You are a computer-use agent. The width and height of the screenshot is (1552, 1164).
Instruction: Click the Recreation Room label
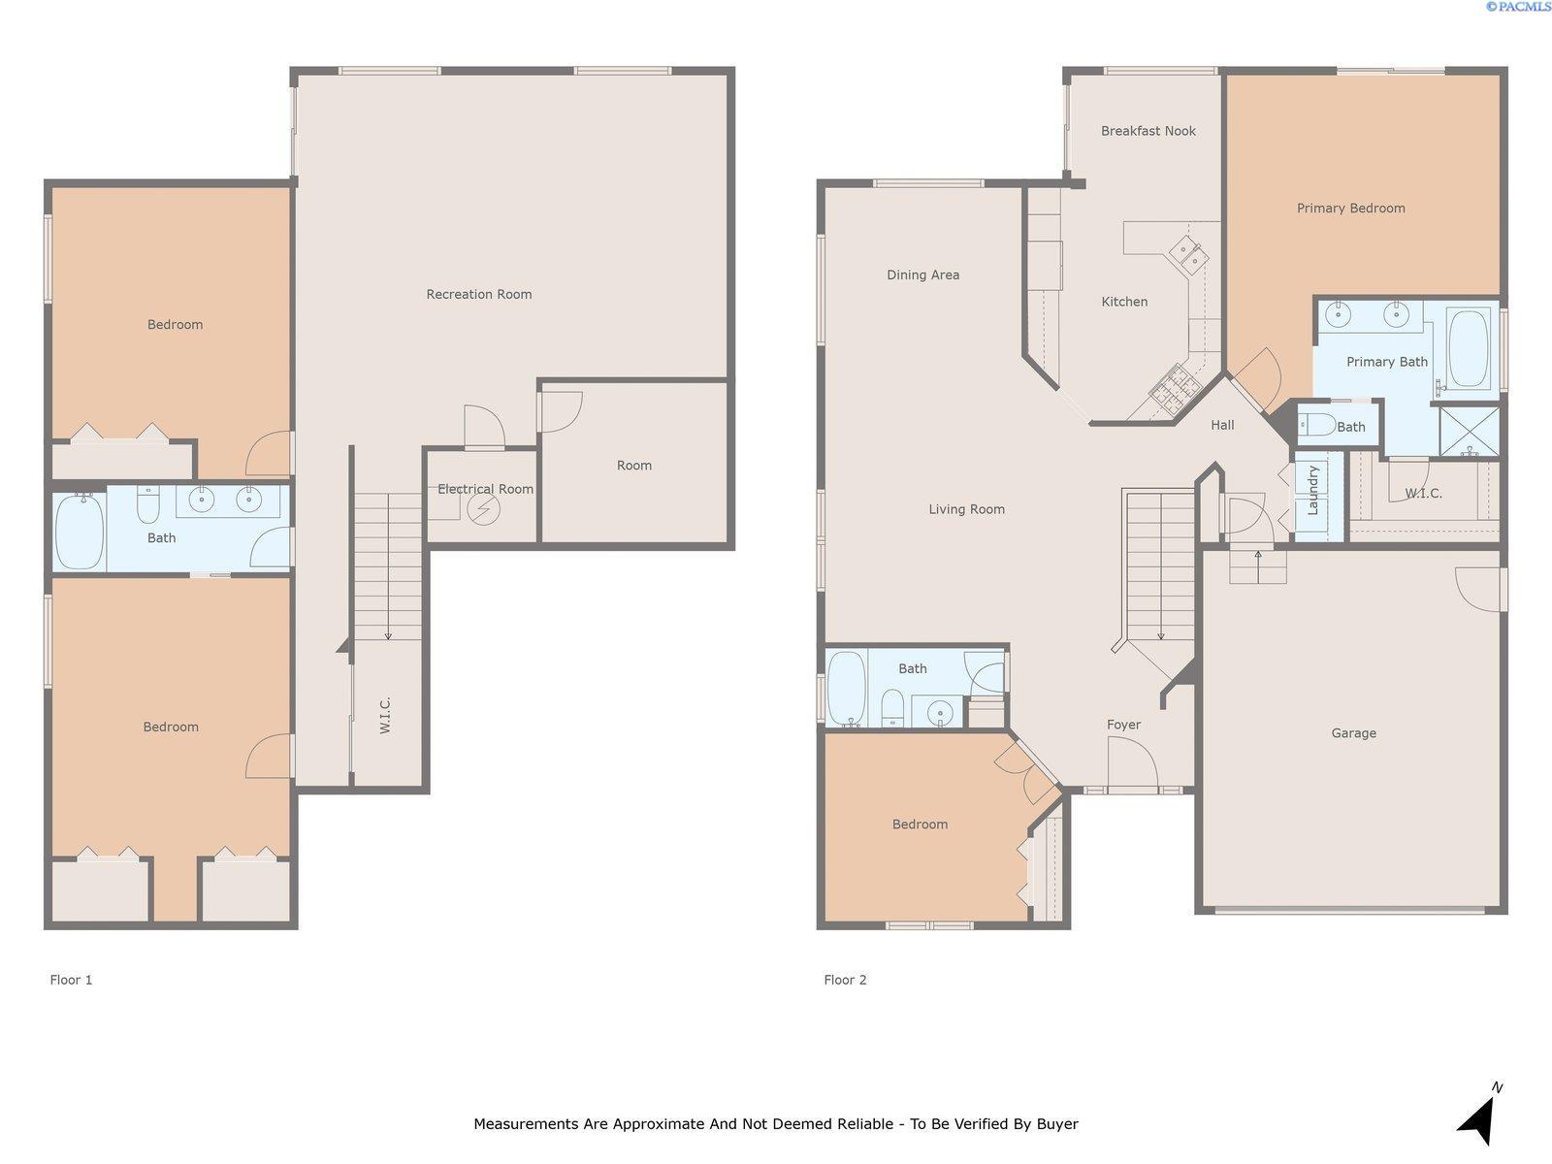[x=478, y=294]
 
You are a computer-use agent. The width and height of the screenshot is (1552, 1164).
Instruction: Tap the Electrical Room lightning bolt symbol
[x=484, y=509]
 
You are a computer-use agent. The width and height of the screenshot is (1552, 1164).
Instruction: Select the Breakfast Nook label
[x=1148, y=131]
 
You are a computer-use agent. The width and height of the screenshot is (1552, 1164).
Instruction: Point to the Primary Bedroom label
[x=1350, y=208]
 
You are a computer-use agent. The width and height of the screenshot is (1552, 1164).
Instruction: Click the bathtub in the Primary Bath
[x=1468, y=348]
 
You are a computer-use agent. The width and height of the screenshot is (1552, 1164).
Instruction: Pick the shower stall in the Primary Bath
[x=1470, y=431]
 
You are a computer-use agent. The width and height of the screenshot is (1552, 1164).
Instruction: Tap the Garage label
[x=1353, y=733]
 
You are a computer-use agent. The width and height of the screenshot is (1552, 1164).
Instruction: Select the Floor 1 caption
[x=71, y=980]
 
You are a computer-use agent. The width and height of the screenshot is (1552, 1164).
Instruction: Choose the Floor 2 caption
[x=845, y=980]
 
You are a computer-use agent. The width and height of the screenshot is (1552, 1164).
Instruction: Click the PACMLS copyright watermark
[x=1518, y=7]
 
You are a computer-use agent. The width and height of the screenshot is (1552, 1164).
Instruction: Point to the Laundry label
[x=1313, y=490]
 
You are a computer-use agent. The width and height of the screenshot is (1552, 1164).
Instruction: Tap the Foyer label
[x=1123, y=725]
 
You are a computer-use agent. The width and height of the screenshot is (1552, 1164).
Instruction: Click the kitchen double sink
[x=1188, y=254]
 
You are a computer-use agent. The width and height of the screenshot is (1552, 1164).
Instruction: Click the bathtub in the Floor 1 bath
[x=80, y=532]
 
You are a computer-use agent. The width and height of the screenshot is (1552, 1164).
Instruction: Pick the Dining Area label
[x=922, y=275]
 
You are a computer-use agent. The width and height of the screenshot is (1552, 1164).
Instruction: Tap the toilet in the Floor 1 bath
[x=147, y=503]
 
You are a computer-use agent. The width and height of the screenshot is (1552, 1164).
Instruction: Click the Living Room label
[x=966, y=509]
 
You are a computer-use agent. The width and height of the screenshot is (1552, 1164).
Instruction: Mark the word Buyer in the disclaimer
[x=1057, y=1123]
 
